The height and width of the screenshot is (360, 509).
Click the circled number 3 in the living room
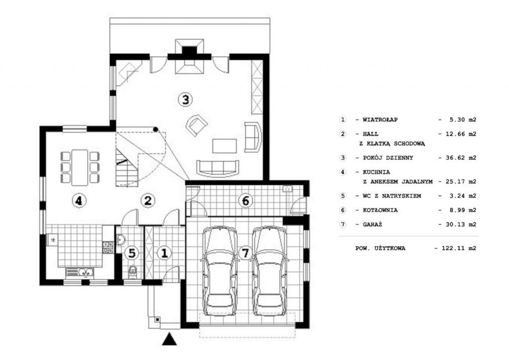point(185,99)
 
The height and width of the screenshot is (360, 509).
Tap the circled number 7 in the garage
point(246,253)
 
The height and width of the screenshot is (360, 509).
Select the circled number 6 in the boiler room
point(246,200)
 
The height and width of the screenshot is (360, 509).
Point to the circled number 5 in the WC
point(131,253)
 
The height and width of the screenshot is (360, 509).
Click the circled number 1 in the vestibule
point(164,253)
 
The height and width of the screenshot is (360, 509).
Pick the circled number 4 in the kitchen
point(79,200)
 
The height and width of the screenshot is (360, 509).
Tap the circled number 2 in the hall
point(148,200)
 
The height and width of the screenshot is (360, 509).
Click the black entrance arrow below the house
point(169,339)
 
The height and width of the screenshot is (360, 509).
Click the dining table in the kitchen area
point(80,167)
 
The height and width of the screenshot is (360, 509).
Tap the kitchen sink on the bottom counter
point(80,272)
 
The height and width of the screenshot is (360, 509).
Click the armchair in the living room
point(196,125)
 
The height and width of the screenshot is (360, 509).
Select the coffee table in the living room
point(225,146)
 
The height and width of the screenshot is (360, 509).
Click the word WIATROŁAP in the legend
point(380,120)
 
